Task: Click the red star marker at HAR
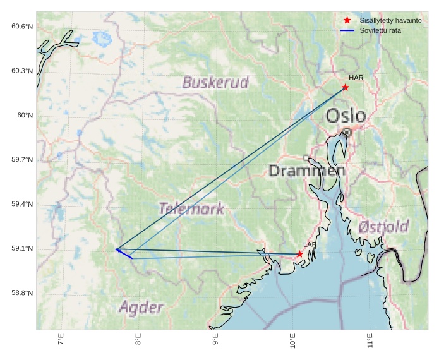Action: [x=345, y=87]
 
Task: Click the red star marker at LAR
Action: [x=299, y=254]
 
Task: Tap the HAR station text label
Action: [x=356, y=78]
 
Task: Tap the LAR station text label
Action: [x=310, y=244]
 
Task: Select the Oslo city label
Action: [x=346, y=116]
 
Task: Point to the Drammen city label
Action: [x=307, y=171]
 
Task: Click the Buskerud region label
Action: [x=215, y=83]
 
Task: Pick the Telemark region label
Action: [x=191, y=209]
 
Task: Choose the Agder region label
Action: [x=141, y=308]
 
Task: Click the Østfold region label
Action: [x=383, y=227]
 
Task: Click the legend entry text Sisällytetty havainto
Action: [x=390, y=21]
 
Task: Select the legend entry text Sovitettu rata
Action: [x=380, y=30]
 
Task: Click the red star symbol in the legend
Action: [x=347, y=21]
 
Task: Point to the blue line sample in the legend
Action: [x=347, y=30]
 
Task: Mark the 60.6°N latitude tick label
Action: [x=21, y=27]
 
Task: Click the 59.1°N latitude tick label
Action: [x=21, y=249]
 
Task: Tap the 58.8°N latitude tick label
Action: [x=21, y=293]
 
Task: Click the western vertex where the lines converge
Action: [x=117, y=249]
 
